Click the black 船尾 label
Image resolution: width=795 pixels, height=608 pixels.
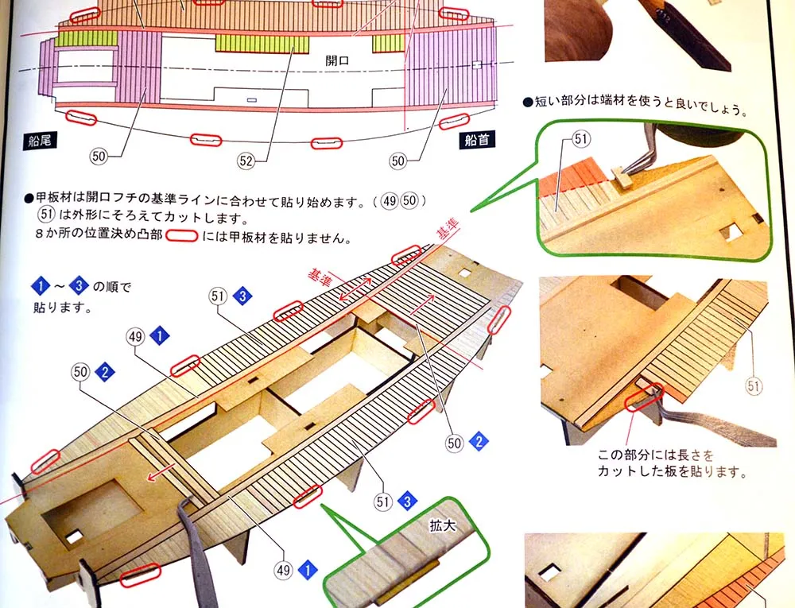click(39, 141)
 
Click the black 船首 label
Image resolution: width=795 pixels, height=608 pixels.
click(477, 140)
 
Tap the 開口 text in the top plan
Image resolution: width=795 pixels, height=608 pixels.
click(337, 60)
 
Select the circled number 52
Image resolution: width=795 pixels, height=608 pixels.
click(246, 161)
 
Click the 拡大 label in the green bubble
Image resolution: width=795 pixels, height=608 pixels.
click(443, 526)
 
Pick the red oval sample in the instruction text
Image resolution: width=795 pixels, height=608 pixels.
click(181, 236)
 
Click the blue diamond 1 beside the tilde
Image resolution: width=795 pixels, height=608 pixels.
click(40, 286)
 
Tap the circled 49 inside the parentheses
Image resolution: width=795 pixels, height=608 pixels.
click(390, 202)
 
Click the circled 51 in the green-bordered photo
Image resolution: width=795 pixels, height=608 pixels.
click(581, 139)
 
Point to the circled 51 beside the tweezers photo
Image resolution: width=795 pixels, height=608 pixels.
click(754, 386)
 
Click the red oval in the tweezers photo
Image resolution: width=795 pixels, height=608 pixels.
click(645, 397)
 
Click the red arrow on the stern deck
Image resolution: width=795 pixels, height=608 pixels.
click(159, 473)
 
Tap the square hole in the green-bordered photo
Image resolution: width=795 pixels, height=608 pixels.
click(731, 231)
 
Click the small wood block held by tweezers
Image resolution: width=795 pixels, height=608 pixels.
click(621, 176)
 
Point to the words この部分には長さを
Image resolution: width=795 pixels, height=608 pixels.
click(655, 455)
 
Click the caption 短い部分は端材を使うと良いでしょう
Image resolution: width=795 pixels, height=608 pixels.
click(635, 103)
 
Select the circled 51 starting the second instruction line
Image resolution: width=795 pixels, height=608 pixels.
click(46, 215)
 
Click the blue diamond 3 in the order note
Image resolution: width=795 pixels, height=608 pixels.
click(79, 286)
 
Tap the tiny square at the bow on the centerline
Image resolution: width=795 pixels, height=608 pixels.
click(476, 65)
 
